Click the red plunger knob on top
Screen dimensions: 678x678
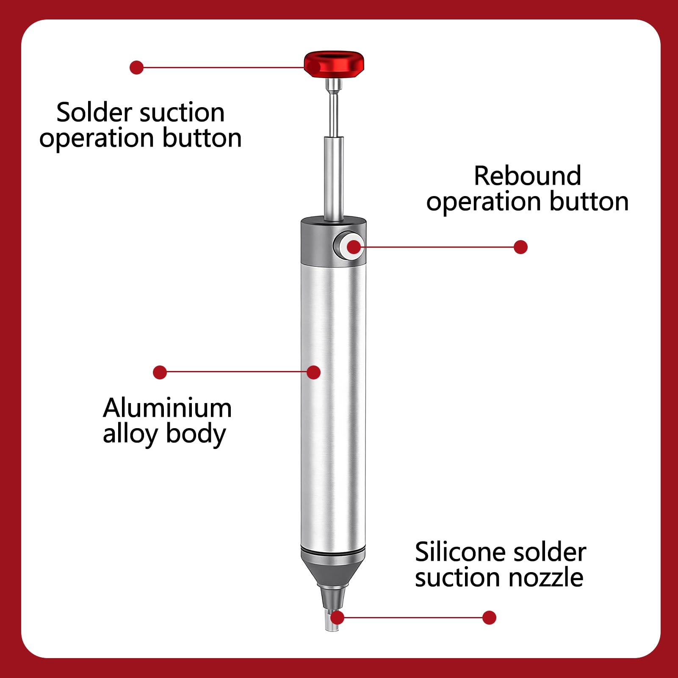click(334, 64)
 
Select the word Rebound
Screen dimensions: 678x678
click(527, 176)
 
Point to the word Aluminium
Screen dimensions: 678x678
click(167, 408)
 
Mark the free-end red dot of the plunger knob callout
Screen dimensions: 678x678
click(136, 67)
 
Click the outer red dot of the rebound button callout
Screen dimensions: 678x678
click(520, 247)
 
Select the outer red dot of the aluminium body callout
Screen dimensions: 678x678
click(160, 372)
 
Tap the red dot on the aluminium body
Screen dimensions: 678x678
click(313, 372)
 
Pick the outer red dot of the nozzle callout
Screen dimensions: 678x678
click(489, 617)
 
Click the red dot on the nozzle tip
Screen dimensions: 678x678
click(337, 617)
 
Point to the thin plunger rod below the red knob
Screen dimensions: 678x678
click(334, 148)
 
